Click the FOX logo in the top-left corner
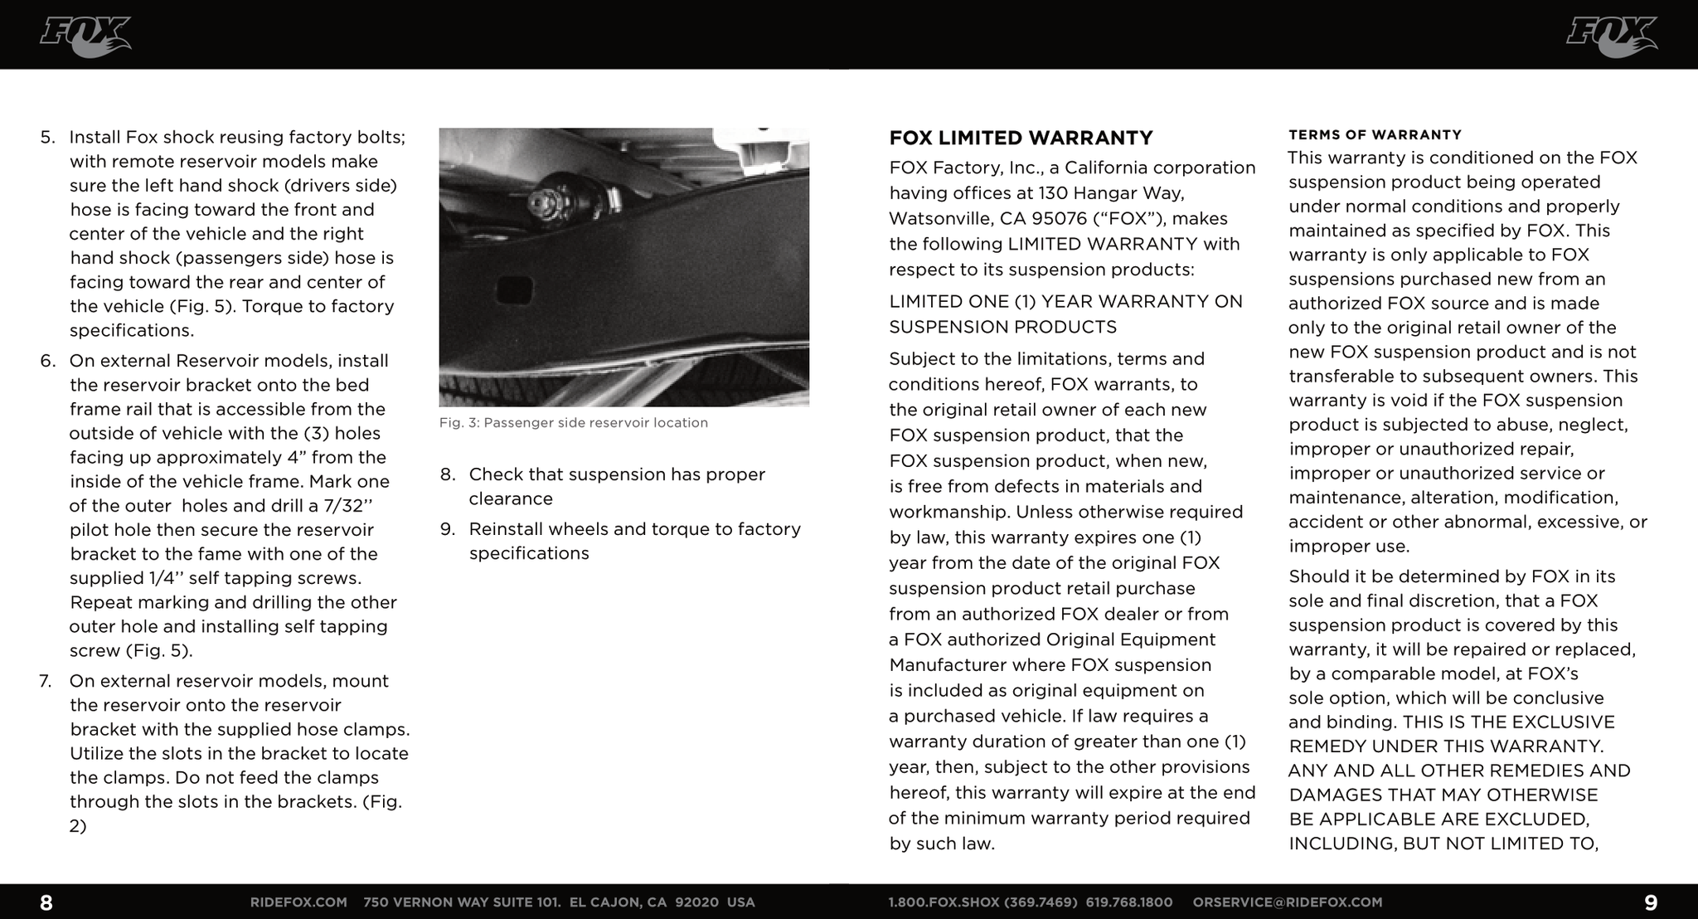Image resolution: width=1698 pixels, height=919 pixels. coord(85,36)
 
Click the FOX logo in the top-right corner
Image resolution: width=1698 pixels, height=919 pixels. coord(1611,36)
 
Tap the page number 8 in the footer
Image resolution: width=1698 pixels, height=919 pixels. coord(46,902)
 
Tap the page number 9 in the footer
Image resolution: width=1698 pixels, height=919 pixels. coord(1650,902)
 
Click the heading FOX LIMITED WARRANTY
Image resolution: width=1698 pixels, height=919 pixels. coord(1021,138)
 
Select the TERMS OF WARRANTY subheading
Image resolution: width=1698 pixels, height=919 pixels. coord(1375,134)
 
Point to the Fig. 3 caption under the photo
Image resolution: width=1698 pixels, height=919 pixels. coord(573,423)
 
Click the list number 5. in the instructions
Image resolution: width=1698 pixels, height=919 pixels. coord(47,137)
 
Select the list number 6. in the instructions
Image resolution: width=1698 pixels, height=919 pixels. coord(47,361)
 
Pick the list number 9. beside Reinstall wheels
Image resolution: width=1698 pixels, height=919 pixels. coord(448,529)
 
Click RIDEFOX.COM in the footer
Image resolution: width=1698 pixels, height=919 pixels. coord(298,902)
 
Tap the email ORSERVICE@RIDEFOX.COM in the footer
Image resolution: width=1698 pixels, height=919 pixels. coord(1287,902)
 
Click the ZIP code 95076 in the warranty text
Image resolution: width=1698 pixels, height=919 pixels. coord(1059,219)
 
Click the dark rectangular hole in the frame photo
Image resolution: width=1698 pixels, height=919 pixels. coord(514,289)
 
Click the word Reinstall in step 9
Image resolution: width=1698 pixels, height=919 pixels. coord(507,529)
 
